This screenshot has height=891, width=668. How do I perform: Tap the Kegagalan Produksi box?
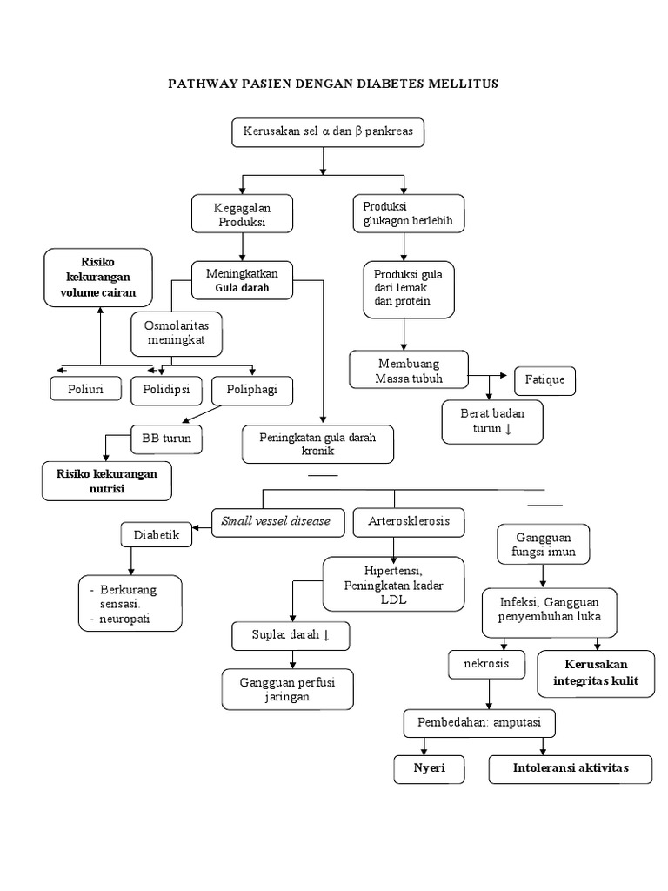click(x=241, y=214)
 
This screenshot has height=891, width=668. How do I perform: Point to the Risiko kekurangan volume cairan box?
click(x=98, y=278)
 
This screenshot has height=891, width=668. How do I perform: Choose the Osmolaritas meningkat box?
click(x=177, y=333)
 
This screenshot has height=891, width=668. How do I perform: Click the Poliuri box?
click(x=86, y=390)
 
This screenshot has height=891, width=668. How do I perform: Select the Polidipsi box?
click(x=166, y=390)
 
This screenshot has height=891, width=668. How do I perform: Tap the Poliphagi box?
click(x=252, y=390)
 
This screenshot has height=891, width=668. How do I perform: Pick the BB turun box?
click(x=167, y=439)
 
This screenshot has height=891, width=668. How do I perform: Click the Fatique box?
click(x=545, y=381)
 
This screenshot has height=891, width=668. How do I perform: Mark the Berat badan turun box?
click(x=492, y=421)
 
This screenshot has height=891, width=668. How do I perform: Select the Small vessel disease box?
click(x=276, y=521)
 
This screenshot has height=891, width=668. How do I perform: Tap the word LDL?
click(x=394, y=601)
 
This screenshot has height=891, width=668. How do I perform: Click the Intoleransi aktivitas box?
click(x=570, y=769)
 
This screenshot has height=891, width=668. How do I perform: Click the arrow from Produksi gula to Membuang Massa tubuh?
click(x=404, y=334)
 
